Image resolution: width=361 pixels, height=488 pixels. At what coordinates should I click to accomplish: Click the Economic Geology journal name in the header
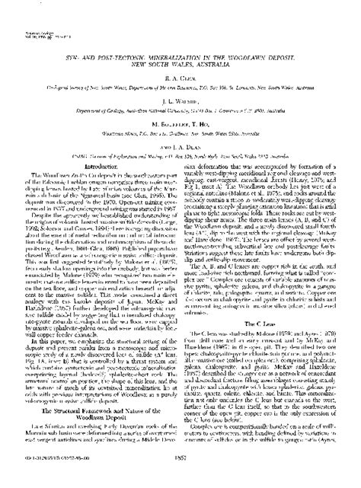[x=27, y=11]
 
